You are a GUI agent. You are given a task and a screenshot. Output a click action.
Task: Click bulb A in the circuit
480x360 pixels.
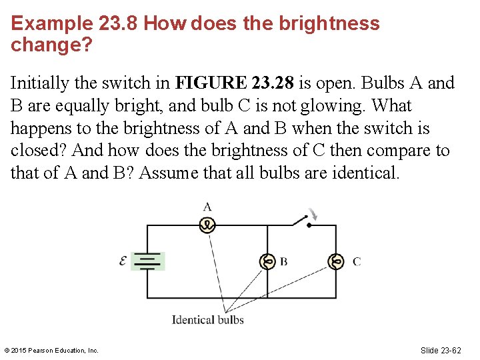tap(207, 225)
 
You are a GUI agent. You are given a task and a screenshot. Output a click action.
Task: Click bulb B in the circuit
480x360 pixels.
tap(267, 261)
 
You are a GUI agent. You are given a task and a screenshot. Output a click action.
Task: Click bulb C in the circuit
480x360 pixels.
tap(336, 261)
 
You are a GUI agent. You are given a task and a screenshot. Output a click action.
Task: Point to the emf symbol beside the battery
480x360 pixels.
tap(123, 261)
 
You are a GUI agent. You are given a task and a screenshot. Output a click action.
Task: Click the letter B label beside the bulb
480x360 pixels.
tap(284, 261)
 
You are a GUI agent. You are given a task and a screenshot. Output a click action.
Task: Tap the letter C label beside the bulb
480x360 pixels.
tap(357, 261)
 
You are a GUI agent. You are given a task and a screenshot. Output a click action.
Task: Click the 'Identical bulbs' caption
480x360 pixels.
tap(208, 320)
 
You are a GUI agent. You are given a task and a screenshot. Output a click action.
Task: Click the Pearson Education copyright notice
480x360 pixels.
tap(51, 351)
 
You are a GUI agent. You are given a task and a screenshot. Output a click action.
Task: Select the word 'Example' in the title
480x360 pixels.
tap(52, 24)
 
